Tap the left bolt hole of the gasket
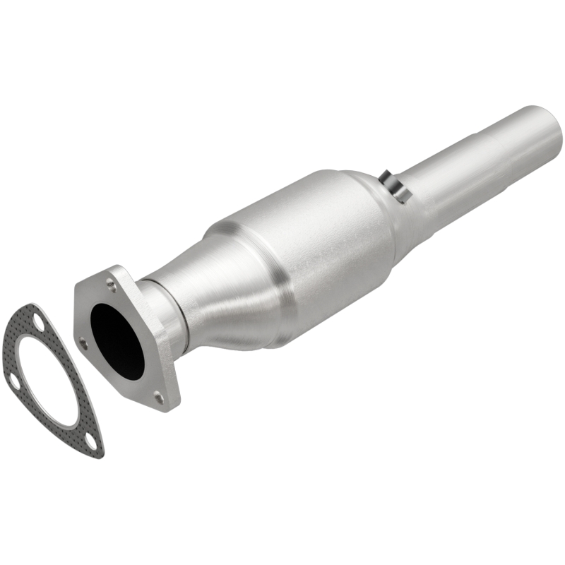(13, 381)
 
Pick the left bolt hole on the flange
(83, 345)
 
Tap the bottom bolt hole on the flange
(158, 398)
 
